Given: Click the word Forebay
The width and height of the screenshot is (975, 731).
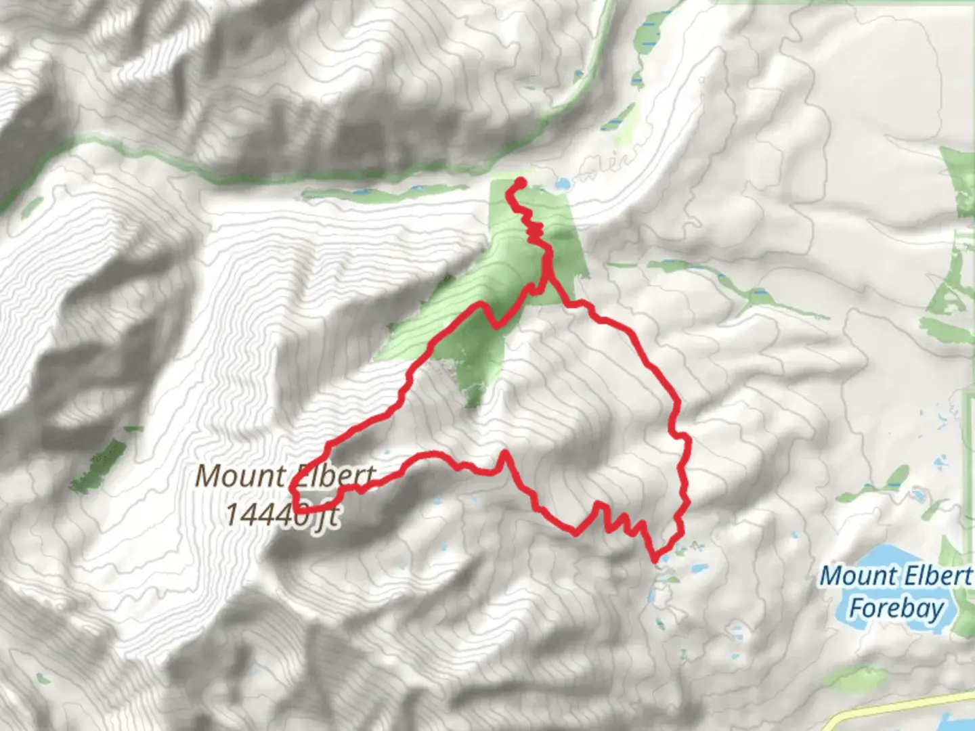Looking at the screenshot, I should click(895, 608).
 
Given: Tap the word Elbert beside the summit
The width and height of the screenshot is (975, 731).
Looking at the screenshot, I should click(336, 476).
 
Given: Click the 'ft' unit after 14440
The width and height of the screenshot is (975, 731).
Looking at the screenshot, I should click(328, 516).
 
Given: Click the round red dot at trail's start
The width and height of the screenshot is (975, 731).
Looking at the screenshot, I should click(521, 181).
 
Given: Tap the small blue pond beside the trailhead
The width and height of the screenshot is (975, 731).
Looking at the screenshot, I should click(562, 183).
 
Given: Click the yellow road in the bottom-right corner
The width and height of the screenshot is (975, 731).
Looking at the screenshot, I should click(901, 704).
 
